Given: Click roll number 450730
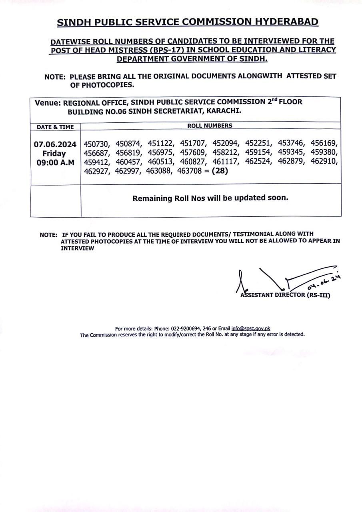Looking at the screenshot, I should point(96,144).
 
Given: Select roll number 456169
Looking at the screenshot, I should point(324,143).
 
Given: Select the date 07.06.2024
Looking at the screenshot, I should point(55,144).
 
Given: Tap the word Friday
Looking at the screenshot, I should point(54,154).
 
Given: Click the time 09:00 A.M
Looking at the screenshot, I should point(55,163).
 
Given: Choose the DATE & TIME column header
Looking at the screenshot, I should point(55,127).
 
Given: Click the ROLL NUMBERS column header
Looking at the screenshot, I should point(210,126).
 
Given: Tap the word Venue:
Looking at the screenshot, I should point(48,103).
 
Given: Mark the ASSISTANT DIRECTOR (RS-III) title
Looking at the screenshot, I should point(285,296).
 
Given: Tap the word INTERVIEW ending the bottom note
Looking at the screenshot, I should point(78,248).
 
